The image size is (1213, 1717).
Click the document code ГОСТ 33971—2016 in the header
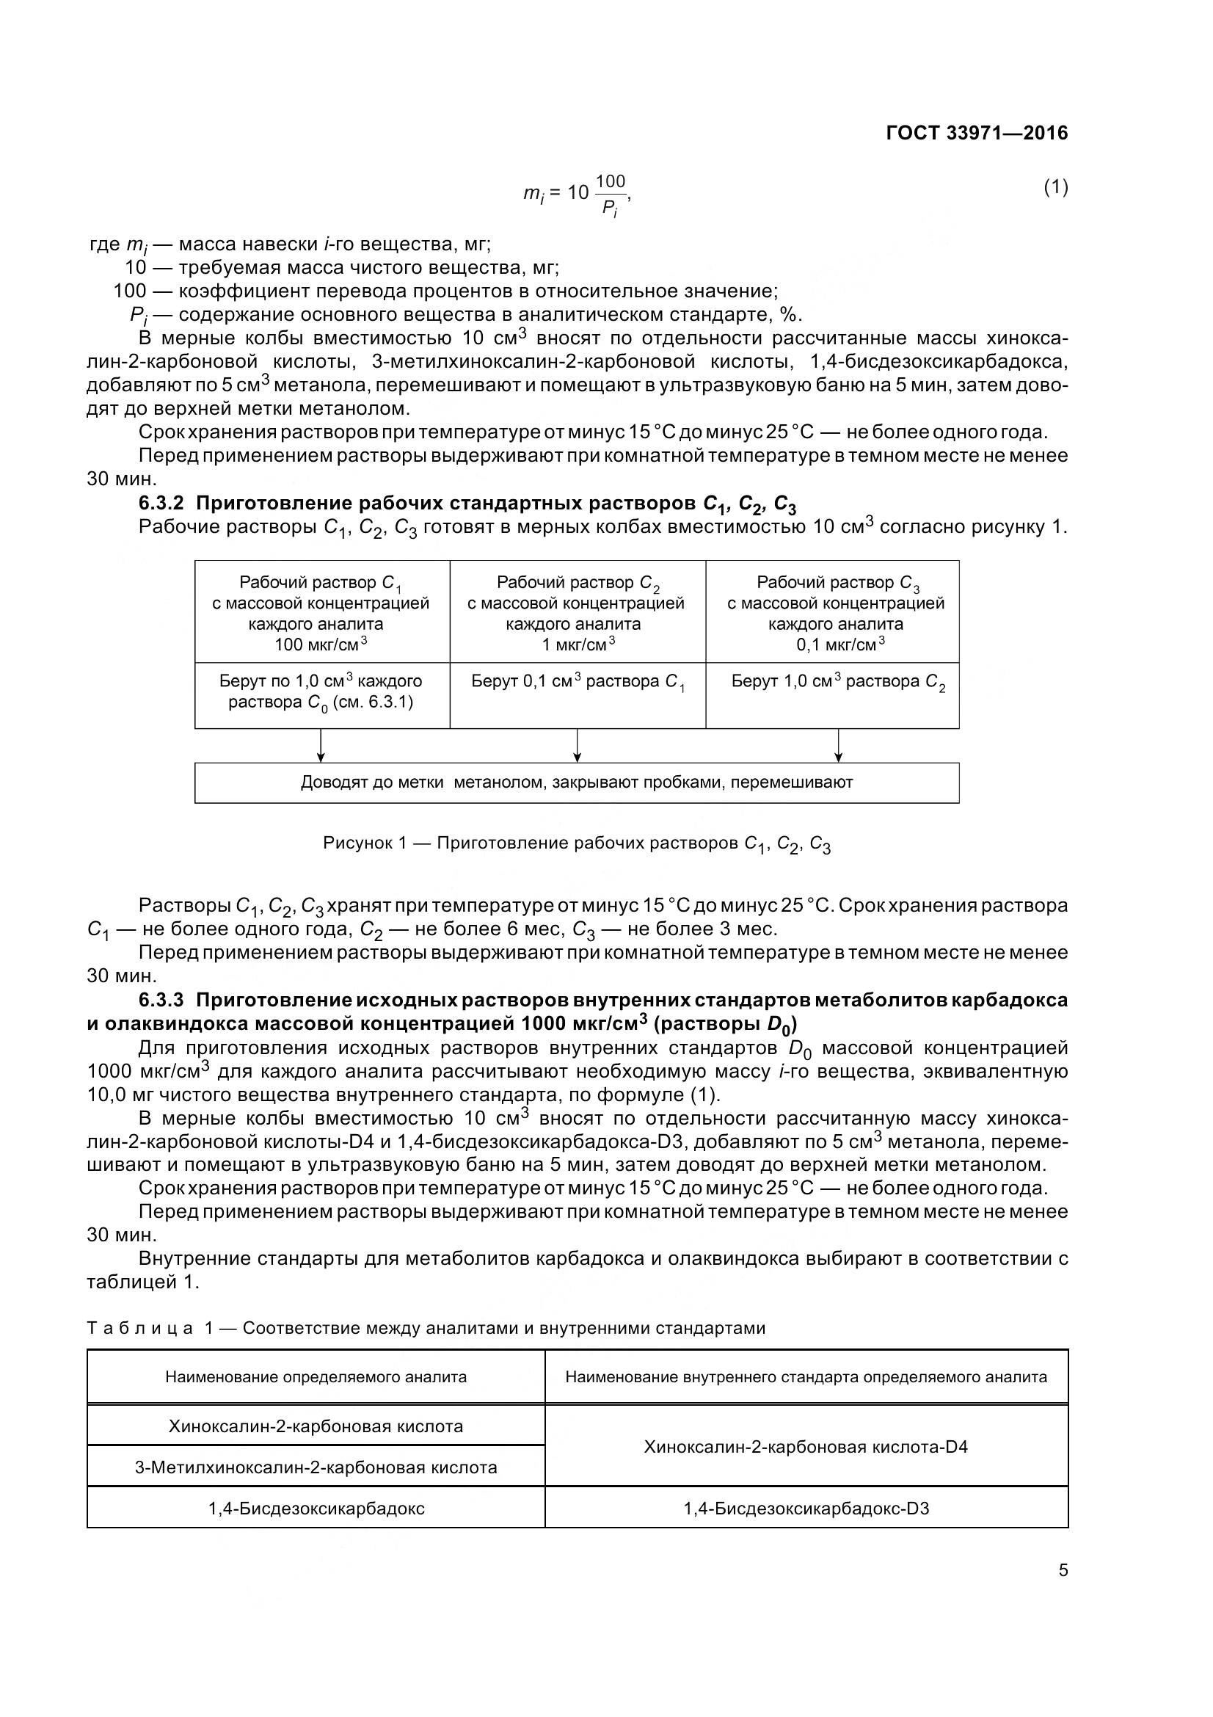976,133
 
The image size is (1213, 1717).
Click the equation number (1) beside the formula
1055,187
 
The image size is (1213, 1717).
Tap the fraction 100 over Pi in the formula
611,194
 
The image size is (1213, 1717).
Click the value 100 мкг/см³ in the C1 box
321,644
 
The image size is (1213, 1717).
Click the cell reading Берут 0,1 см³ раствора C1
578,682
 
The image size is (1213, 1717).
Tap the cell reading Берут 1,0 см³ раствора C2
838,682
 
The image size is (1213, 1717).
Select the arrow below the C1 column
321,746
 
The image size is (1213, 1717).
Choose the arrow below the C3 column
839,746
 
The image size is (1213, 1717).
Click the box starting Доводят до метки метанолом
576,783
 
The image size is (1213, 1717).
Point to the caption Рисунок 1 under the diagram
576,843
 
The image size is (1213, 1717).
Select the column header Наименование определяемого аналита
316,1376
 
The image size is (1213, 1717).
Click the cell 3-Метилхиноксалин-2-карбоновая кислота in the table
316,1467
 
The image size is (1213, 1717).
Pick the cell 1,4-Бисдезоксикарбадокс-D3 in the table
806,1508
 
